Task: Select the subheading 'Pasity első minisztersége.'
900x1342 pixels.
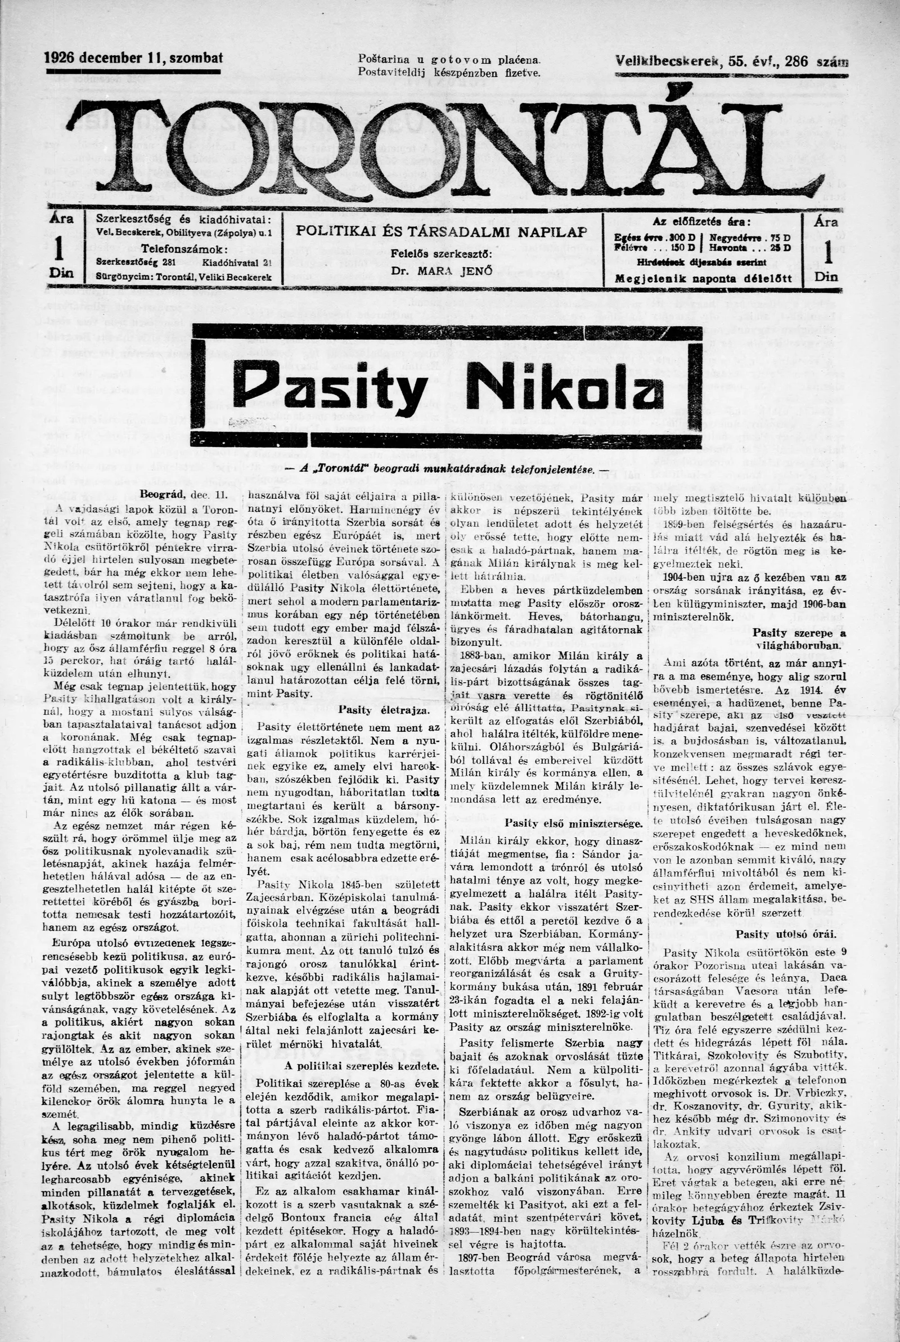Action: [x=573, y=823]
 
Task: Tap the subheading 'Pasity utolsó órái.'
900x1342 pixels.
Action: [x=786, y=934]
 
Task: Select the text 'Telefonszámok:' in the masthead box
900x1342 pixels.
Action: [x=184, y=249]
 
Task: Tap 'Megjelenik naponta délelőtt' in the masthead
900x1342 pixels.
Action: [x=703, y=279]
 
